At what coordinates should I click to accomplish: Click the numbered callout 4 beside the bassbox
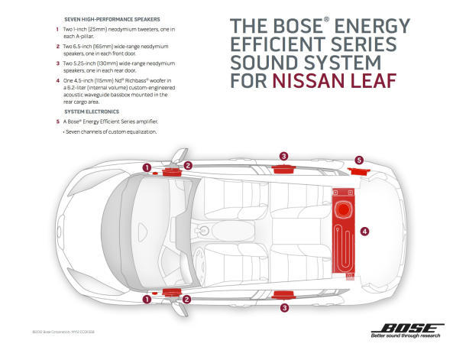365,230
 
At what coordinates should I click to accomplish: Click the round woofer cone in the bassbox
344,206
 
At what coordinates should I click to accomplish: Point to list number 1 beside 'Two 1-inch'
57,30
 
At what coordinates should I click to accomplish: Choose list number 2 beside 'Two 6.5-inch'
57,47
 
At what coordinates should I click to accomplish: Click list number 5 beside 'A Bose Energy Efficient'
57,121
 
